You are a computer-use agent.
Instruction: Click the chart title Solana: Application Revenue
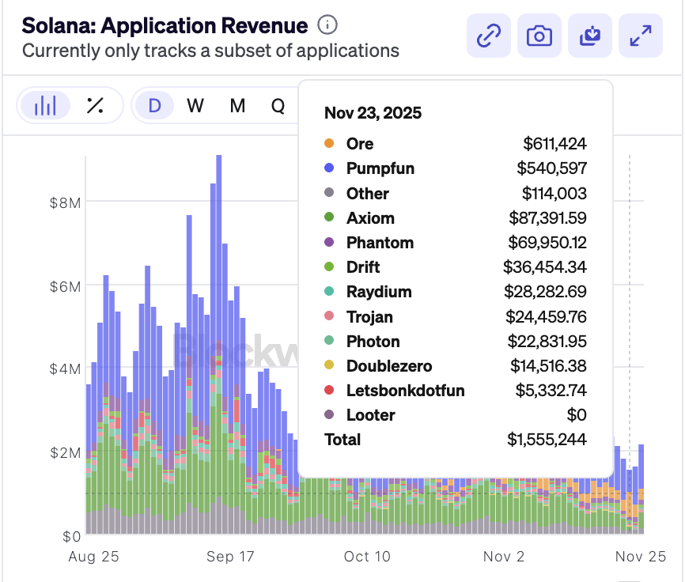[x=165, y=25]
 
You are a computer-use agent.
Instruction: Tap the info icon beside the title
[x=327, y=25]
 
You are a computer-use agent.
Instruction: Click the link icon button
[x=489, y=36]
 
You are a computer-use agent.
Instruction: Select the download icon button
[x=590, y=36]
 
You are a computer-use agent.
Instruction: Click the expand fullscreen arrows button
[x=640, y=36]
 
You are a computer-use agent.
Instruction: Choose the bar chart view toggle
[x=46, y=105]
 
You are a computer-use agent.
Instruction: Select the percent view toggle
[x=95, y=105]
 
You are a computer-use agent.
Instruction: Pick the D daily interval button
[x=154, y=105]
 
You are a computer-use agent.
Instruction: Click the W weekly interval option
[x=195, y=105]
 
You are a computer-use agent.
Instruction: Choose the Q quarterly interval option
[x=278, y=105]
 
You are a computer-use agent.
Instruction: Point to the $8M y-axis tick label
[x=65, y=202]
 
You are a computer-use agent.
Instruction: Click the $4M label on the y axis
[x=65, y=368]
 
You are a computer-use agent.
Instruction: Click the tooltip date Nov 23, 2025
[x=373, y=113]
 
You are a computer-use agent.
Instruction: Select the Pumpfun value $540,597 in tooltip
[x=551, y=168]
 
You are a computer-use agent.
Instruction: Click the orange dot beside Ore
[x=330, y=144]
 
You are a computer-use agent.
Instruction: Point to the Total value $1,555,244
[x=546, y=440]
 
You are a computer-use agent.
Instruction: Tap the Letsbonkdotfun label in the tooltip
[x=405, y=391]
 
